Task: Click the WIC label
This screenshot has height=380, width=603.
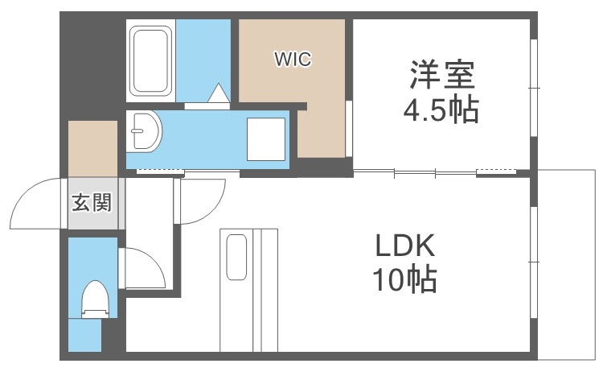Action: (292, 58)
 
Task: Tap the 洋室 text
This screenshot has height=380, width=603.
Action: (441, 76)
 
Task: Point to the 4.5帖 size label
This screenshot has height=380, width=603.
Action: (441, 110)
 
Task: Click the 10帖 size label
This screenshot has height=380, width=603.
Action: (404, 280)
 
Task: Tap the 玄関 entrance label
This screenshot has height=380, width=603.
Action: (91, 203)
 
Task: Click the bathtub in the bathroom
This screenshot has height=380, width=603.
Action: (150, 61)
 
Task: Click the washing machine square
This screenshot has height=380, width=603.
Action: (265, 138)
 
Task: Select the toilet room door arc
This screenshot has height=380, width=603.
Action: (142, 271)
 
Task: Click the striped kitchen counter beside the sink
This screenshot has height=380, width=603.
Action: (265, 290)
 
